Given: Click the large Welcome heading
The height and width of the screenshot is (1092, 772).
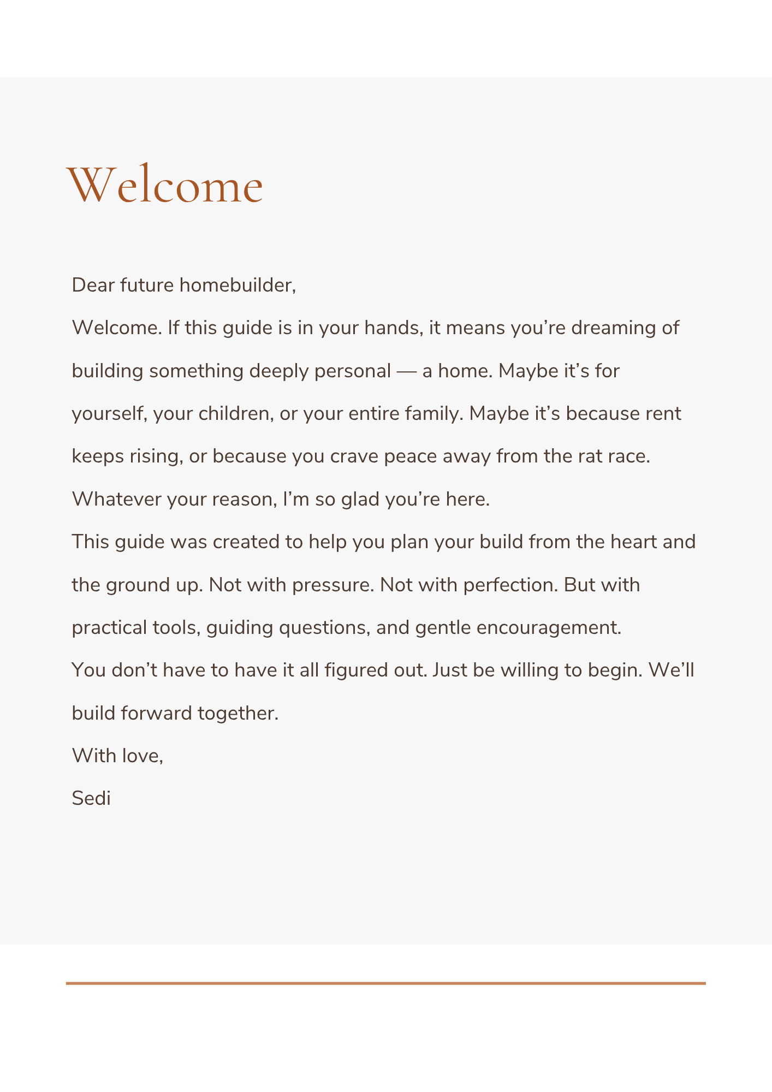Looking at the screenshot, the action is [x=164, y=185].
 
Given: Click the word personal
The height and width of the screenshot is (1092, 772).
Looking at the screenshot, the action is [x=353, y=371].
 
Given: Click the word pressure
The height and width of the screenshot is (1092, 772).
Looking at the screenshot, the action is [x=332, y=585].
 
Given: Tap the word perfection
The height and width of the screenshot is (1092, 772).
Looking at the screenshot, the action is [x=510, y=585].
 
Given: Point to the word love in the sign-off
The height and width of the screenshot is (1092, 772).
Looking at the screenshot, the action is [x=142, y=756].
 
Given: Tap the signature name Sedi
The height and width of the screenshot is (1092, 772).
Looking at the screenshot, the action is [x=91, y=798].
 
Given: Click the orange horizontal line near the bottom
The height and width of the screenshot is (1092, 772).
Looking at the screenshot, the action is [x=385, y=983].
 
